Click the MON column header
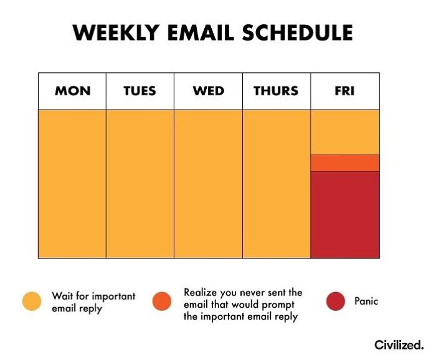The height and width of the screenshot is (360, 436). coord(72,91)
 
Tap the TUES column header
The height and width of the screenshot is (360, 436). coord(140,91)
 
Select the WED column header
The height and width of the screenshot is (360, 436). coord(208,91)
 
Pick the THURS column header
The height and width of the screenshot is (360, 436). coord(276,91)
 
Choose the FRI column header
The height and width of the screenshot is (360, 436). coord(344,91)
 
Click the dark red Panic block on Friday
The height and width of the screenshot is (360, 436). coord(345,214)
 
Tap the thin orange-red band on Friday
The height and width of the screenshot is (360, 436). coord(345,163)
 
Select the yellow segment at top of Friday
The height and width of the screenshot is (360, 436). coord(345,131)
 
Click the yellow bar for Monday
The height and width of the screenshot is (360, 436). coord(72,184)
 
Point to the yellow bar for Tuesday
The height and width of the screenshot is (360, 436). coord(140,184)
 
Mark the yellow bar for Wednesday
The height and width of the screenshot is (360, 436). coord(208,184)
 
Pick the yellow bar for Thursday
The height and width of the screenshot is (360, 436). coord(277,184)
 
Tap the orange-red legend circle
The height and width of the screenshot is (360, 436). coord(162,301)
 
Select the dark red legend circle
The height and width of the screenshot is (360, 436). coord(336,301)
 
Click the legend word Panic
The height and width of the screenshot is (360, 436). coord(366,301)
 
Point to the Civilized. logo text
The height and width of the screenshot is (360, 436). coord(399,344)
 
